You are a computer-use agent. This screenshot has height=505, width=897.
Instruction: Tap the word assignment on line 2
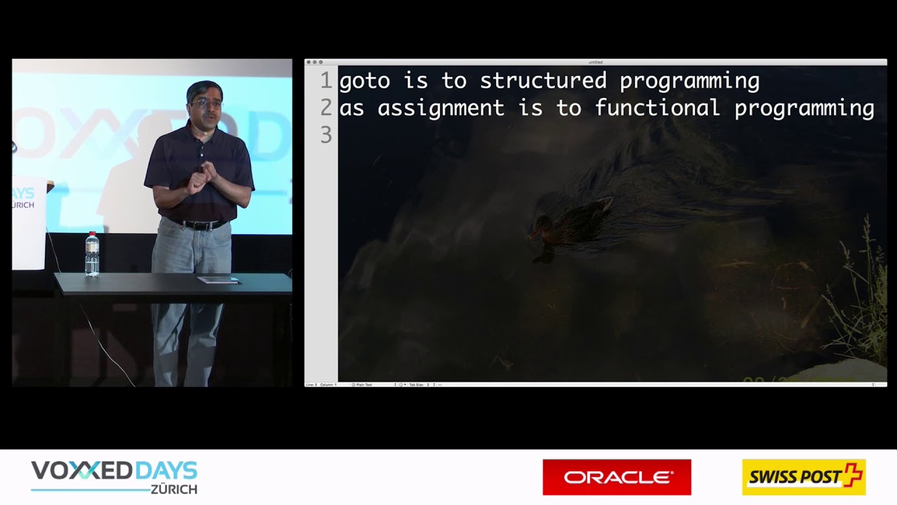pyautogui.click(x=441, y=109)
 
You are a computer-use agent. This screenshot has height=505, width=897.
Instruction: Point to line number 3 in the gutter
pyautogui.click(x=326, y=135)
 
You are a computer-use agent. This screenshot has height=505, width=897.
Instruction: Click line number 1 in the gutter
pyautogui.click(x=326, y=81)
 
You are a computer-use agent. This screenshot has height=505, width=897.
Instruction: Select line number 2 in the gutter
pyautogui.click(x=326, y=108)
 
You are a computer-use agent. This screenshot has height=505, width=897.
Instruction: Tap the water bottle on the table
pyautogui.click(x=92, y=254)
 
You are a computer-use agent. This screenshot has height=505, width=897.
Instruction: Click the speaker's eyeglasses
pyautogui.click(x=205, y=103)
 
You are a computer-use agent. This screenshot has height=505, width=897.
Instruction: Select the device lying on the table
pyautogui.click(x=219, y=280)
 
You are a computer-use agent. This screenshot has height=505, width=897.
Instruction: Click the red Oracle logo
pyautogui.click(x=617, y=478)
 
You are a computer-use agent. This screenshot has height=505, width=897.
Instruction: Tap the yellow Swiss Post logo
pyautogui.click(x=804, y=478)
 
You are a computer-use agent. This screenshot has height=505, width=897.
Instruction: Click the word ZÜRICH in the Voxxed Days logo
pyautogui.click(x=174, y=489)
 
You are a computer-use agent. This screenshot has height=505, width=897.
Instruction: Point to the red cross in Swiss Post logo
pyautogui.click(x=852, y=474)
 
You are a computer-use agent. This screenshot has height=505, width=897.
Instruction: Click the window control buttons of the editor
pyautogui.click(x=314, y=62)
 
